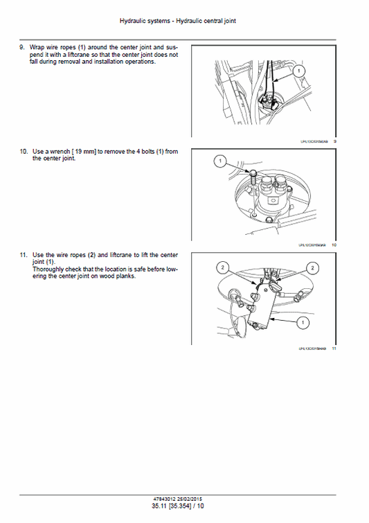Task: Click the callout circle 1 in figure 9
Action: tap(299, 71)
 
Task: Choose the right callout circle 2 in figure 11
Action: tap(313, 267)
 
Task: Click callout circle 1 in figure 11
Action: tap(302, 322)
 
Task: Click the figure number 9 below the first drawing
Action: tap(335, 141)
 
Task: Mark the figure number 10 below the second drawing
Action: tap(334, 245)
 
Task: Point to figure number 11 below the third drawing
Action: tap(334, 348)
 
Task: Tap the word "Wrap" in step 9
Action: tap(37, 47)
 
